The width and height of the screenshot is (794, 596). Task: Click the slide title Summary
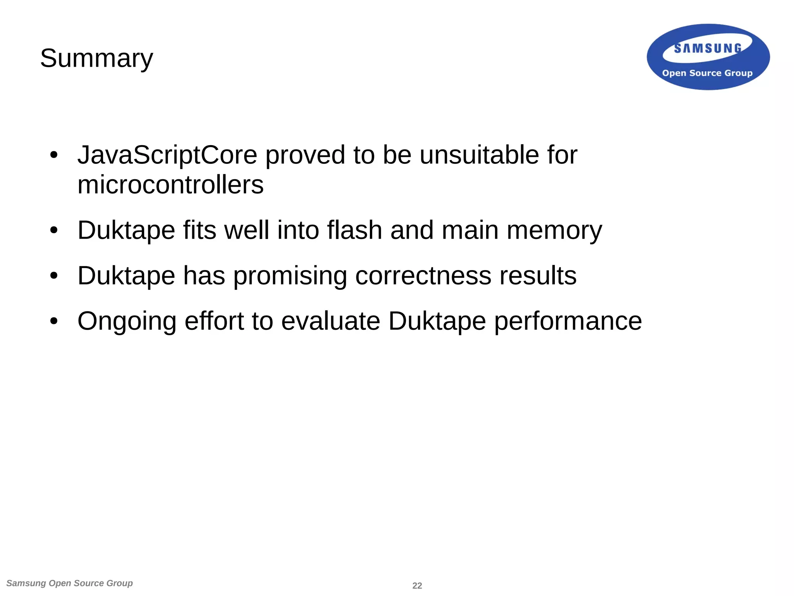(x=97, y=58)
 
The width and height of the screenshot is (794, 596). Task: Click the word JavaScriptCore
(x=167, y=155)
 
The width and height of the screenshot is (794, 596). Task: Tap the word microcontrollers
(x=171, y=185)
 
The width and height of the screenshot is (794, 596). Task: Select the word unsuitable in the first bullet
(x=479, y=155)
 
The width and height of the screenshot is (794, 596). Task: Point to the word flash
(x=354, y=230)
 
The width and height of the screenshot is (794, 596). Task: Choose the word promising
(x=290, y=276)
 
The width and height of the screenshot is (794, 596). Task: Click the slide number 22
(x=417, y=586)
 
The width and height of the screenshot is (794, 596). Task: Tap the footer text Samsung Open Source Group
(x=70, y=583)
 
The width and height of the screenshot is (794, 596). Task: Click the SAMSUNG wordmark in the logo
(x=708, y=49)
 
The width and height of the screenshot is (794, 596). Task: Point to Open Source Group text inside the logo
(x=707, y=73)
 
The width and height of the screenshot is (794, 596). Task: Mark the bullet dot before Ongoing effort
(x=54, y=321)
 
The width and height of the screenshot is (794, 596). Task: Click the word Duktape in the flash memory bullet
(x=126, y=230)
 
